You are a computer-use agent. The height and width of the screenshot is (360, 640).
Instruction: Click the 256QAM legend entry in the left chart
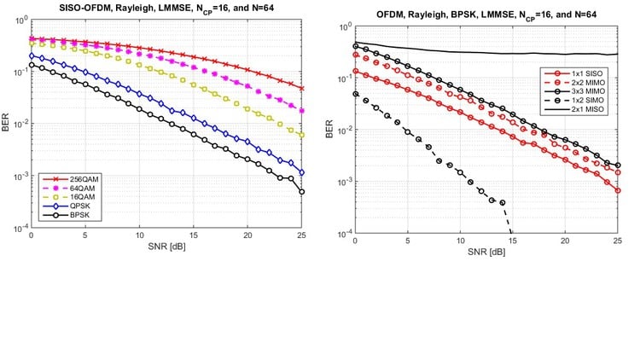pyautogui.click(x=63, y=177)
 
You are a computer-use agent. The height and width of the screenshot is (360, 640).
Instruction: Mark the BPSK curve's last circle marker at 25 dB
pyautogui.click(x=302, y=192)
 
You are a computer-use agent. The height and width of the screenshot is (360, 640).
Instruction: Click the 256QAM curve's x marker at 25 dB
pyautogui.click(x=302, y=88)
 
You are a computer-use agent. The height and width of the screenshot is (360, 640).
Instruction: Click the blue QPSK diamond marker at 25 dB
pyautogui.click(x=302, y=172)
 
